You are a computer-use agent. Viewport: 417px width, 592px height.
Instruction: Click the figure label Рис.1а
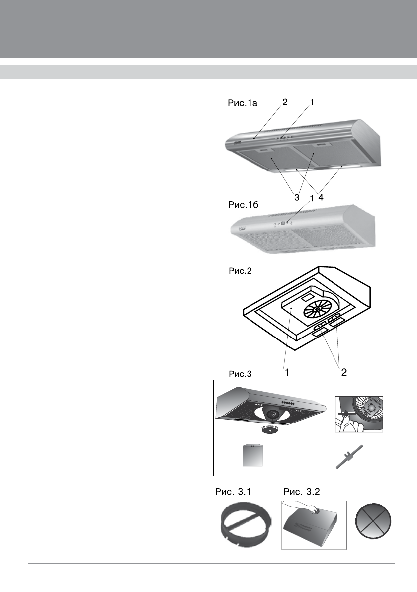click(241, 103)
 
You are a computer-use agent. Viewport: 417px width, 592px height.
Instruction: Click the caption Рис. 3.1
click(233, 492)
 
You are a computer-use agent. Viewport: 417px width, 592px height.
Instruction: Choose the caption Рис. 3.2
click(302, 492)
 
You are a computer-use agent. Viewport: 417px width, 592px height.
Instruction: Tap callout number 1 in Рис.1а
click(313, 102)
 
